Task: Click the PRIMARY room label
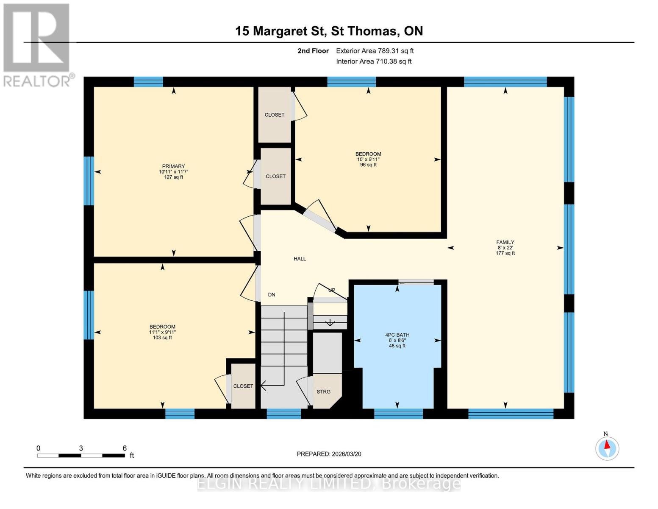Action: (x=173, y=166)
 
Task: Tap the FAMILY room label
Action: (x=505, y=242)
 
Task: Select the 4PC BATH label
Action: (x=397, y=335)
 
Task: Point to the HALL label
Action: (x=300, y=259)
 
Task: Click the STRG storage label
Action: (x=323, y=392)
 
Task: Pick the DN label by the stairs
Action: (x=272, y=295)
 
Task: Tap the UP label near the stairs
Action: (x=332, y=291)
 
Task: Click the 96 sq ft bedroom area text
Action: (x=368, y=165)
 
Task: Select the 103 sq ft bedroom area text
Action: (x=162, y=338)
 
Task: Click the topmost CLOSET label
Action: (x=275, y=115)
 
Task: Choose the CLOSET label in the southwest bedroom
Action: (x=243, y=386)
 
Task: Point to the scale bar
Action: (x=81, y=456)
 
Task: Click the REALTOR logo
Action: (x=37, y=45)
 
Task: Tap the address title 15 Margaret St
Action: (x=329, y=31)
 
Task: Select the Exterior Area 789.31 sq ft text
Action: (x=375, y=51)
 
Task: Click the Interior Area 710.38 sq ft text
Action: (x=374, y=62)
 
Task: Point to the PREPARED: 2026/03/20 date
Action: (x=329, y=454)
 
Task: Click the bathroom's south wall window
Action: (x=398, y=414)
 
